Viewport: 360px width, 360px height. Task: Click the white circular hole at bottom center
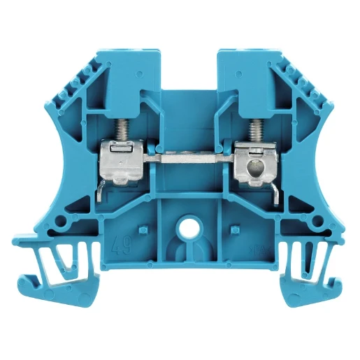point(187,228)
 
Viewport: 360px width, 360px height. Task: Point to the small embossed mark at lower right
point(254,246)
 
